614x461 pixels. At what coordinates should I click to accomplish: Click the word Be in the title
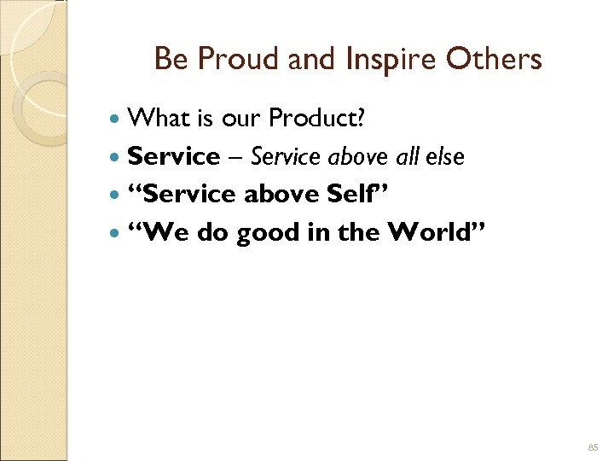click(x=169, y=60)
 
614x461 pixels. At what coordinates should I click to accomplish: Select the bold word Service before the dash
click(x=173, y=156)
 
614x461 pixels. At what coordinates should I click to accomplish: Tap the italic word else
click(x=446, y=156)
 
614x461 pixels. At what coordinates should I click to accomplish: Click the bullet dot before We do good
click(x=117, y=232)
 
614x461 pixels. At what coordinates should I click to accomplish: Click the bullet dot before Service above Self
click(x=117, y=195)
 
